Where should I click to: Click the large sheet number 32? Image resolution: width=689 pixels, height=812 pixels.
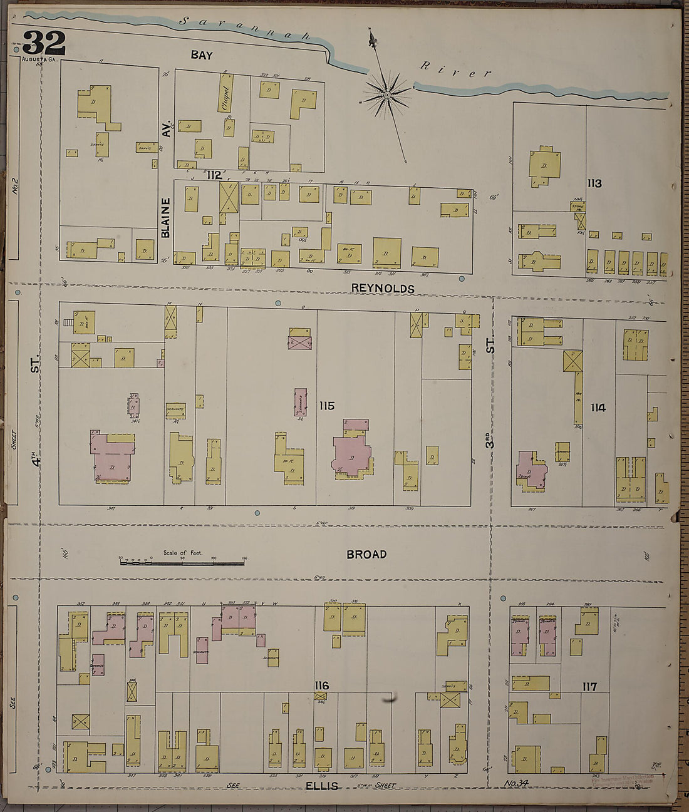(x=44, y=43)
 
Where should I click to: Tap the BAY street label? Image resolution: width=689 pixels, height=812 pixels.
(x=202, y=55)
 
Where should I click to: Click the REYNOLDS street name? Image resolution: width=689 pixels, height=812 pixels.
(x=383, y=289)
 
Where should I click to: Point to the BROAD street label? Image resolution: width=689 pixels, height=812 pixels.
(x=366, y=554)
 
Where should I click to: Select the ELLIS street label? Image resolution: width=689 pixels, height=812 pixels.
(x=322, y=786)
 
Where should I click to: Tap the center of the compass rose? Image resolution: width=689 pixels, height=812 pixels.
(x=387, y=95)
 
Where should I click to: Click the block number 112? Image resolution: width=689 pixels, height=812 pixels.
(x=214, y=175)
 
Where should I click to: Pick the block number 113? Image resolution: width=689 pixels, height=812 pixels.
(x=594, y=183)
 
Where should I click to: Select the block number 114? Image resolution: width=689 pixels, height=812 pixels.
(x=598, y=408)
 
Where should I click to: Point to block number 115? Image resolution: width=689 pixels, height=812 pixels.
(x=326, y=406)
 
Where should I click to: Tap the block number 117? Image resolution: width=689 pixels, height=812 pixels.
(x=589, y=687)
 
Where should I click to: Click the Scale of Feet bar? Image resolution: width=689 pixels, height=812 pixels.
(x=182, y=563)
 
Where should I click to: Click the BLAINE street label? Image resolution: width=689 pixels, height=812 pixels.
(x=165, y=217)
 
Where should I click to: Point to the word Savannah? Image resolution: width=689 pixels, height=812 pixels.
(x=244, y=28)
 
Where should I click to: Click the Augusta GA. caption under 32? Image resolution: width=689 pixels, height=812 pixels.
(x=39, y=59)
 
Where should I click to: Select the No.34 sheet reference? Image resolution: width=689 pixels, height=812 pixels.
(x=517, y=784)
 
